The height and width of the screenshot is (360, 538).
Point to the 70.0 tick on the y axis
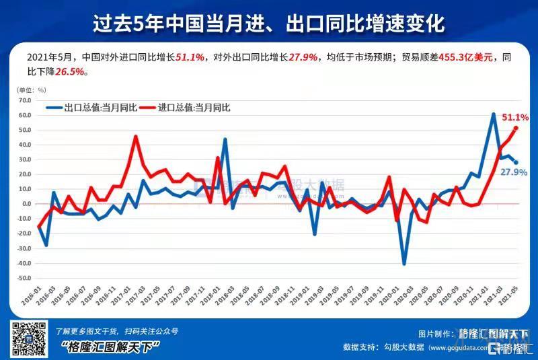[26, 100]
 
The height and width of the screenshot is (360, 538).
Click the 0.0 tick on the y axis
[27, 204]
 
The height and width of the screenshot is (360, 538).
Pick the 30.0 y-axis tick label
[26, 159]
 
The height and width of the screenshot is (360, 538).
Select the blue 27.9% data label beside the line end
[514, 173]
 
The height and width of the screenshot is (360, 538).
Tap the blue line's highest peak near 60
[494, 114]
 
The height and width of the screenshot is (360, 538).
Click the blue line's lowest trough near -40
[404, 264]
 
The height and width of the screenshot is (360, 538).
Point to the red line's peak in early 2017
[135, 137]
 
